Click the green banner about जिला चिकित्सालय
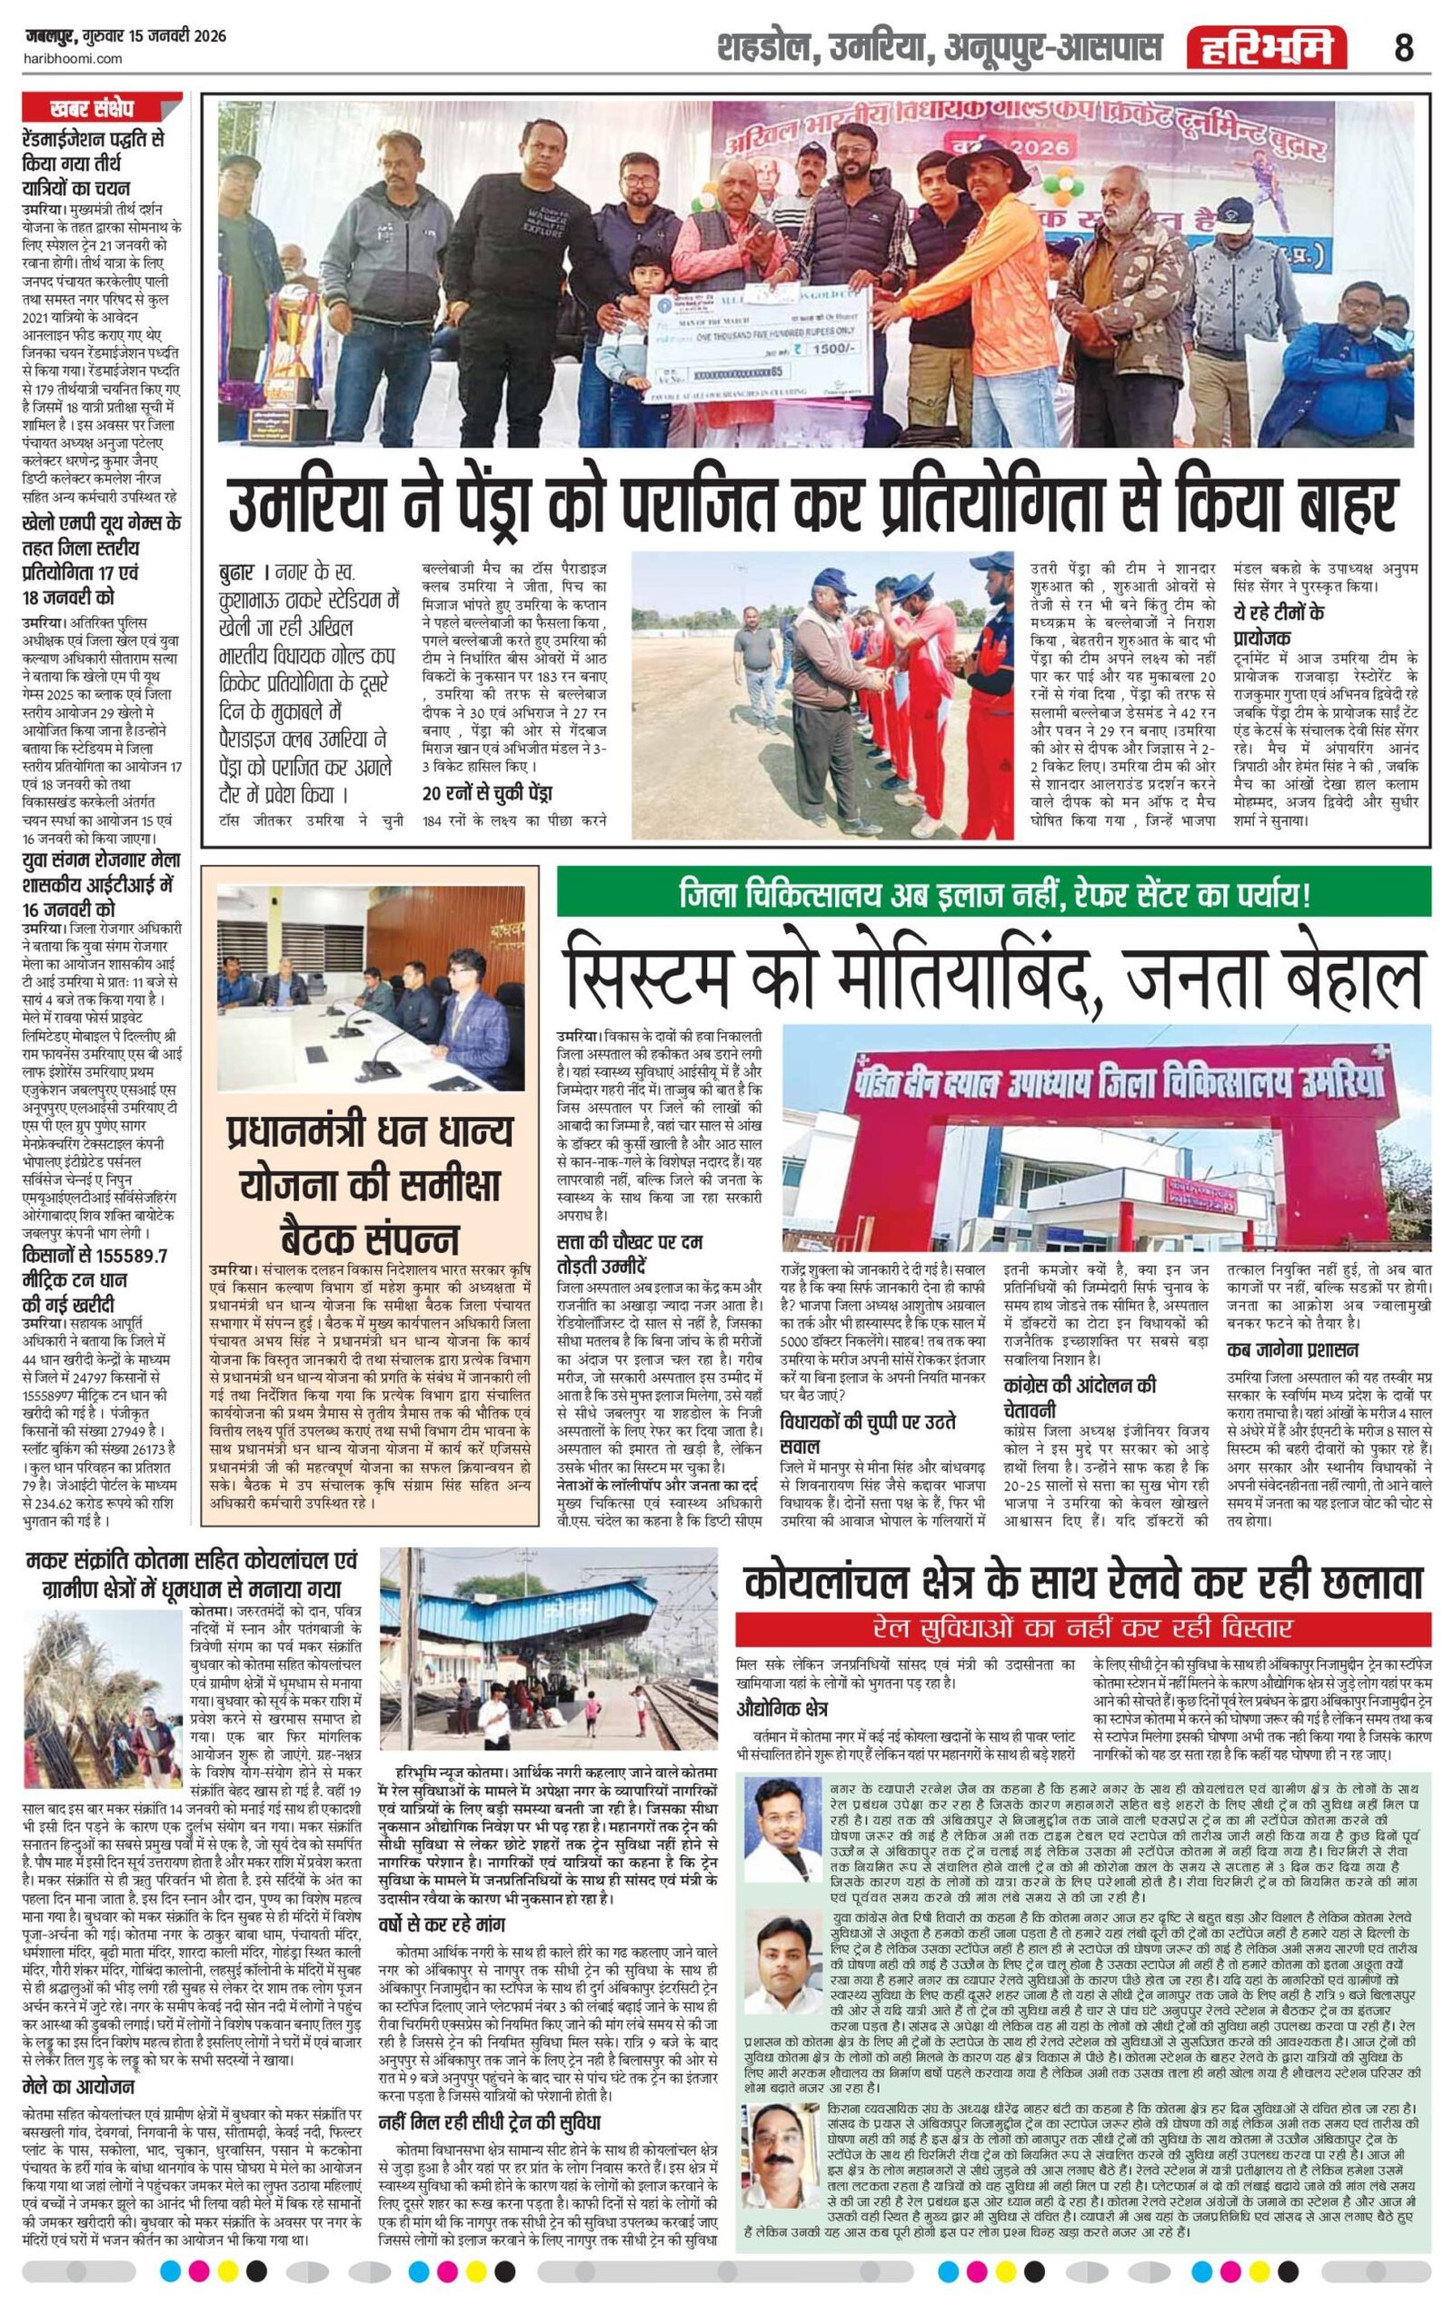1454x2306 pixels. (x=994, y=895)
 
